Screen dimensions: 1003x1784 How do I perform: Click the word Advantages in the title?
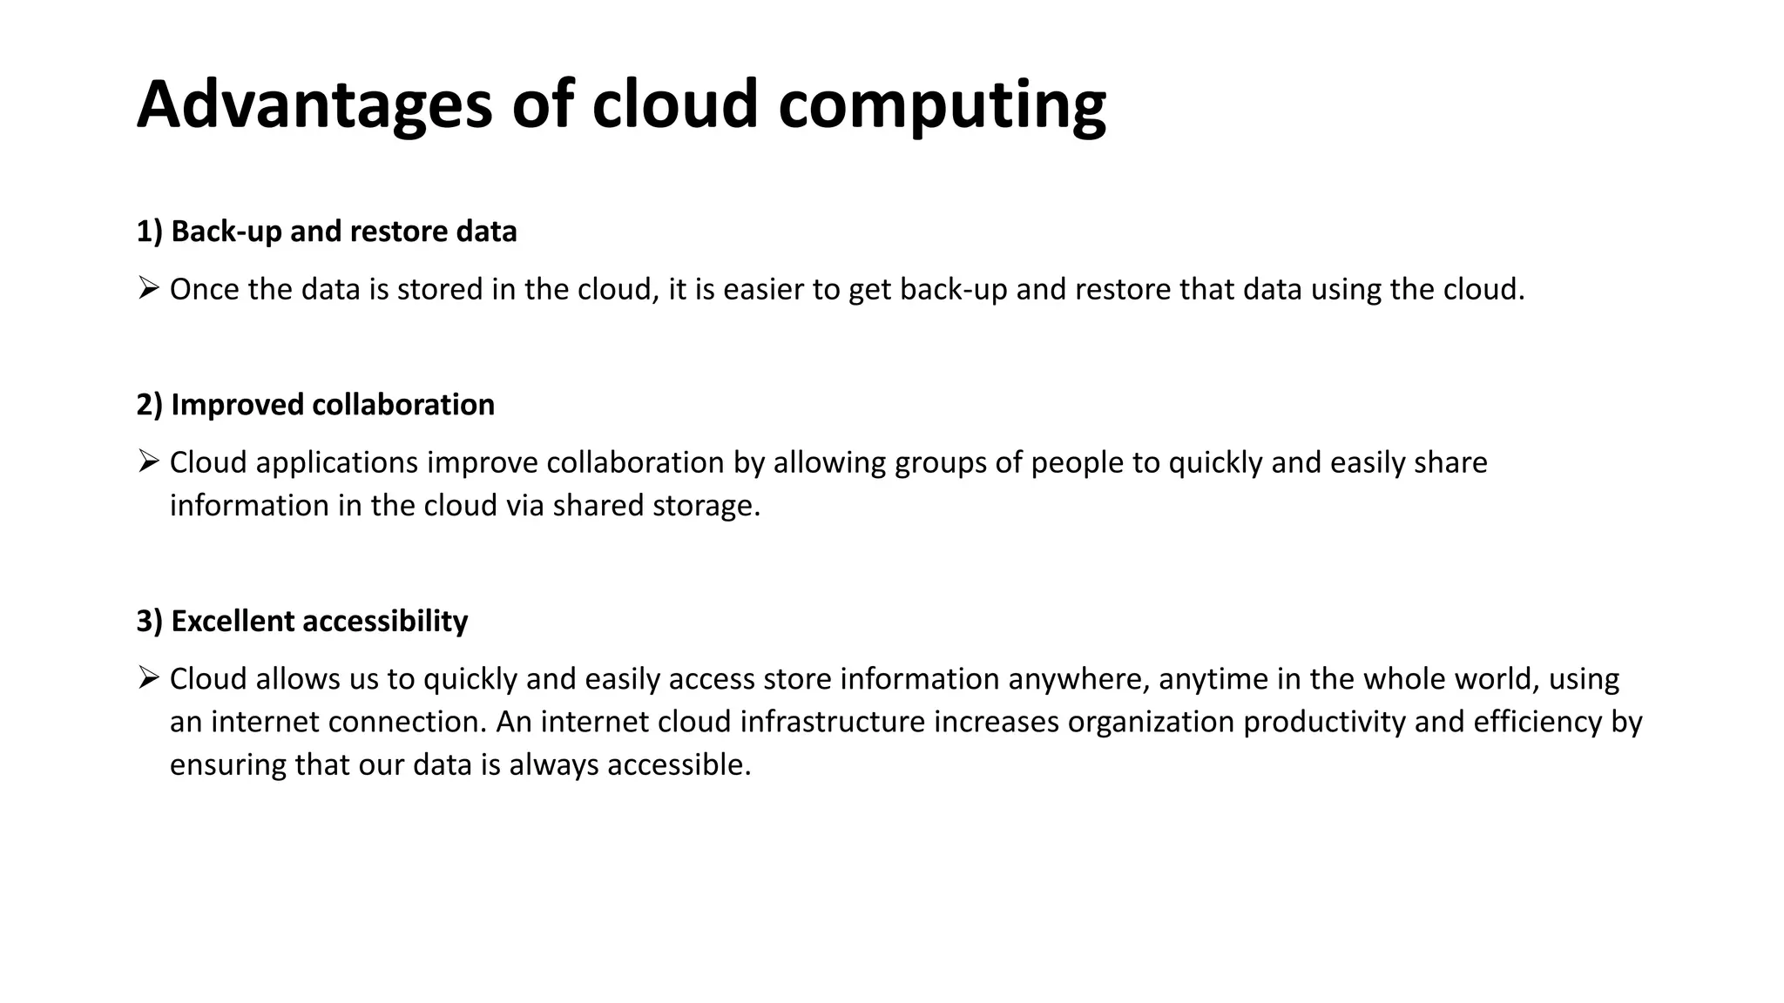pyautogui.click(x=314, y=105)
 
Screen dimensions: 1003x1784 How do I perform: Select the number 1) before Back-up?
pyautogui.click(x=149, y=232)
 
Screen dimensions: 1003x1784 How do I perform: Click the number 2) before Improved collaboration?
pyautogui.click(x=149, y=405)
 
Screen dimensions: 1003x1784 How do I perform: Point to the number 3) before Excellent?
pyautogui.click(x=149, y=622)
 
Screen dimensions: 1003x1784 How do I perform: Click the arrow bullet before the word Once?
pyautogui.click(x=148, y=287)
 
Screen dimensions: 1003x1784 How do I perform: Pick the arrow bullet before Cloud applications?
pyautogui.click(x=148, y=461)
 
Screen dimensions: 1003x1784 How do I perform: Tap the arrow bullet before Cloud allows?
pyautogui.click(x=148, y=677)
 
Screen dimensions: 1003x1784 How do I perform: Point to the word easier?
pyautogui.click(x=763, y=289)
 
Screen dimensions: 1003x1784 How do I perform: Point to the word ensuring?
pyautogui.click(x=228, y=765)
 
